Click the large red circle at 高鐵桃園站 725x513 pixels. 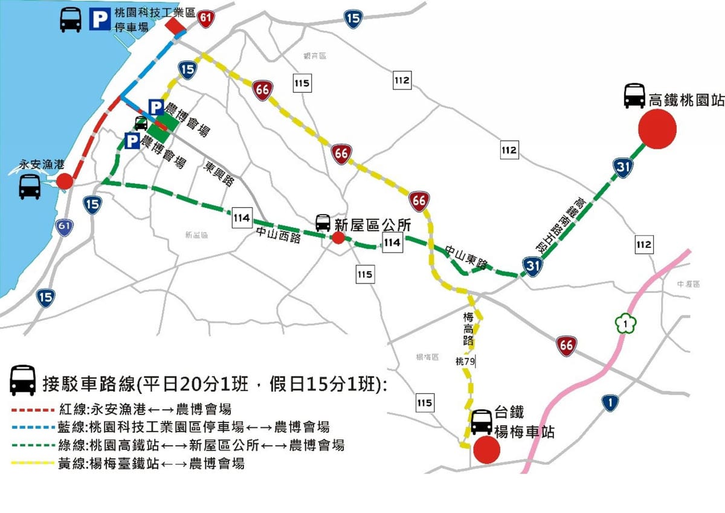(657, 129)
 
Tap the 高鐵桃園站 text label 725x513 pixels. (686, 100)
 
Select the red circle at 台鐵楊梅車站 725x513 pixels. (486, 450)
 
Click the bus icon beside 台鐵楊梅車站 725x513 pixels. (482, 422)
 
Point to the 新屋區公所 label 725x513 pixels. (372, 225)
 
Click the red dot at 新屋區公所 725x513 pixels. (338, 238)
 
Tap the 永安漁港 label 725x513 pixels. (41, 164)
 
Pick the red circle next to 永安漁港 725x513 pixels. (65, 181)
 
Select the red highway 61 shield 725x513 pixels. (206, 18)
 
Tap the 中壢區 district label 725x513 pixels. (688, 284)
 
